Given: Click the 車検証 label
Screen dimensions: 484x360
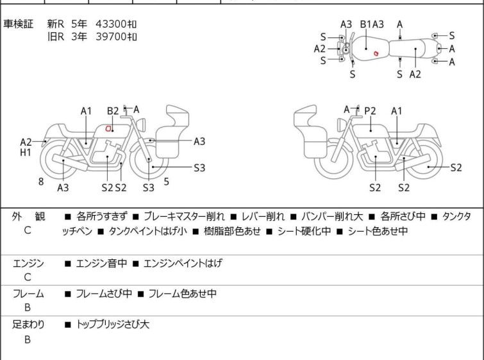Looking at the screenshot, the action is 18,24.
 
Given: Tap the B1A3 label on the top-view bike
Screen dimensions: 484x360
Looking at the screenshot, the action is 372,24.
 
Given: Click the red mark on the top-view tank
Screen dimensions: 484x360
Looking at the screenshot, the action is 376,53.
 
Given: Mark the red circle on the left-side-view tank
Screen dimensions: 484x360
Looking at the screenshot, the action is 108,128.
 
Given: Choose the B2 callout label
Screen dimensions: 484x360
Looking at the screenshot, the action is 113,111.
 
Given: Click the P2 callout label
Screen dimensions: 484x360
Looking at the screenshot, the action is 370,110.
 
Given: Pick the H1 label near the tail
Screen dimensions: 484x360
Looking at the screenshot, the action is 26,152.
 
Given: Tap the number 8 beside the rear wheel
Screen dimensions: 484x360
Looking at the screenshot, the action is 41,182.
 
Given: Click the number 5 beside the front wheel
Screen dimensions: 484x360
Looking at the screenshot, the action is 167,182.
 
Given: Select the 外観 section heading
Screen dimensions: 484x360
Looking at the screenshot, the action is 28,216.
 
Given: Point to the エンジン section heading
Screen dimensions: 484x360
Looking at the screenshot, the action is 28,263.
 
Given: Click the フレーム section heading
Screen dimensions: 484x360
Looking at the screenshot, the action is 28,293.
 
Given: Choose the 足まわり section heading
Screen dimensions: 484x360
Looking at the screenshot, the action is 28,325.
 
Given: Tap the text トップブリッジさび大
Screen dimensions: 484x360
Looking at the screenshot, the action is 113,325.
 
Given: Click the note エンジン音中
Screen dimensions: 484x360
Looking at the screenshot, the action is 101,263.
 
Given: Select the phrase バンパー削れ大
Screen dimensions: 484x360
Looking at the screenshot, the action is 332,216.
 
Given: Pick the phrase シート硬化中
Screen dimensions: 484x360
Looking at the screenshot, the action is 304,231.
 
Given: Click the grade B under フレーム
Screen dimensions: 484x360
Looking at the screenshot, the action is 28,308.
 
